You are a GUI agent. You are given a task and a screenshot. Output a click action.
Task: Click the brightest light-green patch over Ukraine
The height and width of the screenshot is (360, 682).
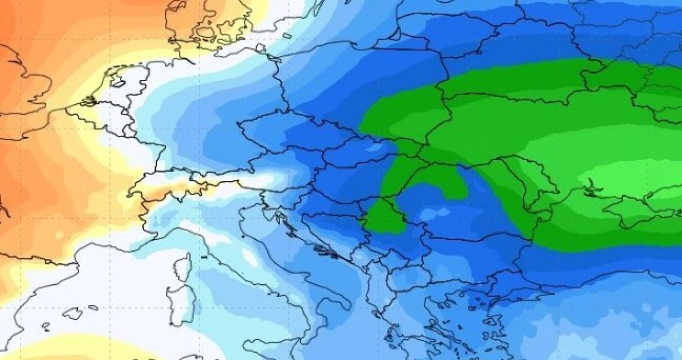coord(624,177)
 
